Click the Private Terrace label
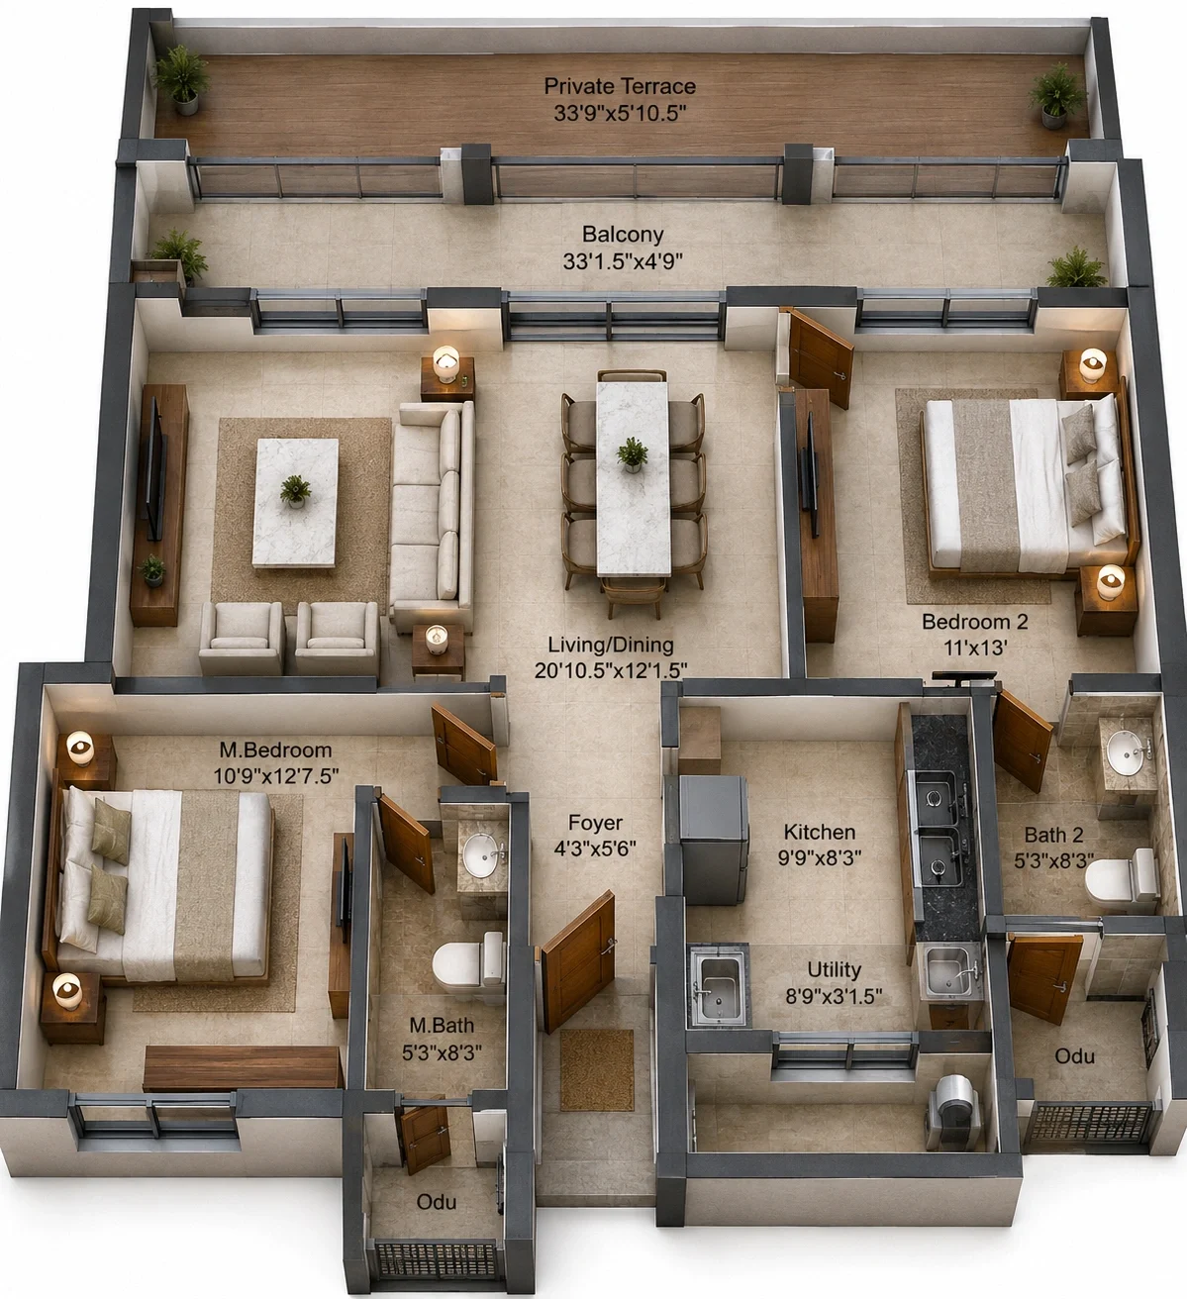point(620,86)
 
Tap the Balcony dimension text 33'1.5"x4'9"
point(623,261)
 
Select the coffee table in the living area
point(296,504)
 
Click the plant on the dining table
point(632,454)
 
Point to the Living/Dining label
point(611,645)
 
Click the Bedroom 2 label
point(974,622)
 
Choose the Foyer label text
point(595,823)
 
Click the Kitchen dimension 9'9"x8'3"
point(819,857)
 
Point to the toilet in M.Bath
point(467,964)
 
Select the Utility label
point(835,969)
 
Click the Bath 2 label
point(1053,835)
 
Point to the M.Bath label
point(442,1025)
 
